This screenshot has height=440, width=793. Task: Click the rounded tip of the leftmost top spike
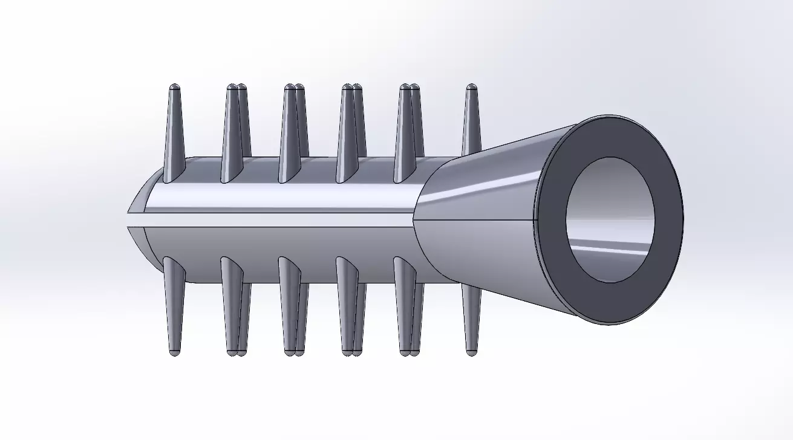[x=174, y=87]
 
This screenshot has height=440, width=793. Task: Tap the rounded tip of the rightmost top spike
[x=472, y=87]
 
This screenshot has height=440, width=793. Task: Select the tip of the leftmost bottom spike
[x=174, y=352]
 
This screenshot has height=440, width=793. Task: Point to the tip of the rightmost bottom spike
[x=472, y=351]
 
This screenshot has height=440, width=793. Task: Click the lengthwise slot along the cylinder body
[x=272, y=219]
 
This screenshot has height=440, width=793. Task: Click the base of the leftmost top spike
[x=172, y=172]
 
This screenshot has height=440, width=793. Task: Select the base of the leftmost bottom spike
[x=172, y=266]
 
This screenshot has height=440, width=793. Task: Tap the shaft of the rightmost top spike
[x=472, y=127]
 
